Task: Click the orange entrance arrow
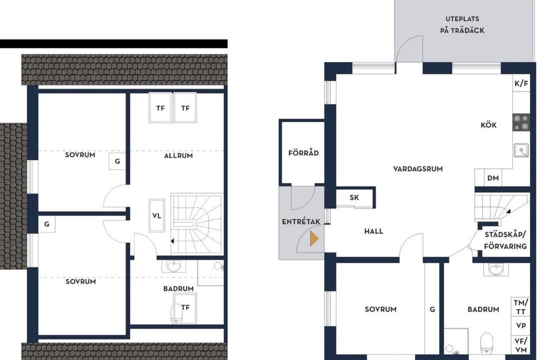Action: [x=313, y=238]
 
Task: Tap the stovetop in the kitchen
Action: [x=520, y=123]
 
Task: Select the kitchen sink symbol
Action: [x=521, y=150]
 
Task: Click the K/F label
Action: [x=521, y=83]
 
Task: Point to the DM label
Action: [x=493, y=178]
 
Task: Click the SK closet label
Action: [x=354, y=197]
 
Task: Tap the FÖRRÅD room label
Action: [x=303, y=152]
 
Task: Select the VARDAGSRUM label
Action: [x=417, y=169]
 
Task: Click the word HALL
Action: [x=373, y=231]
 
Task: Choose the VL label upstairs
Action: [x=156, y=216]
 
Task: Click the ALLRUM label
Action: [x=178, y=155]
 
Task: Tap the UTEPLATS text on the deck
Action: [x=462, y=19]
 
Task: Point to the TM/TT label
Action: [x=520, y=307]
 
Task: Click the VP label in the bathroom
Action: [x=520, y=325]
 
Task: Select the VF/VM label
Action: [x=520, y=345]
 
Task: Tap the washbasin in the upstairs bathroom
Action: [x=174, y=266]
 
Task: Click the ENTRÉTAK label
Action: [x=301, y=222]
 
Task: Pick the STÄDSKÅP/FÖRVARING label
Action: [x=505, y=240]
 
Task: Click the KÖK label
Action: [x=488, y=124]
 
